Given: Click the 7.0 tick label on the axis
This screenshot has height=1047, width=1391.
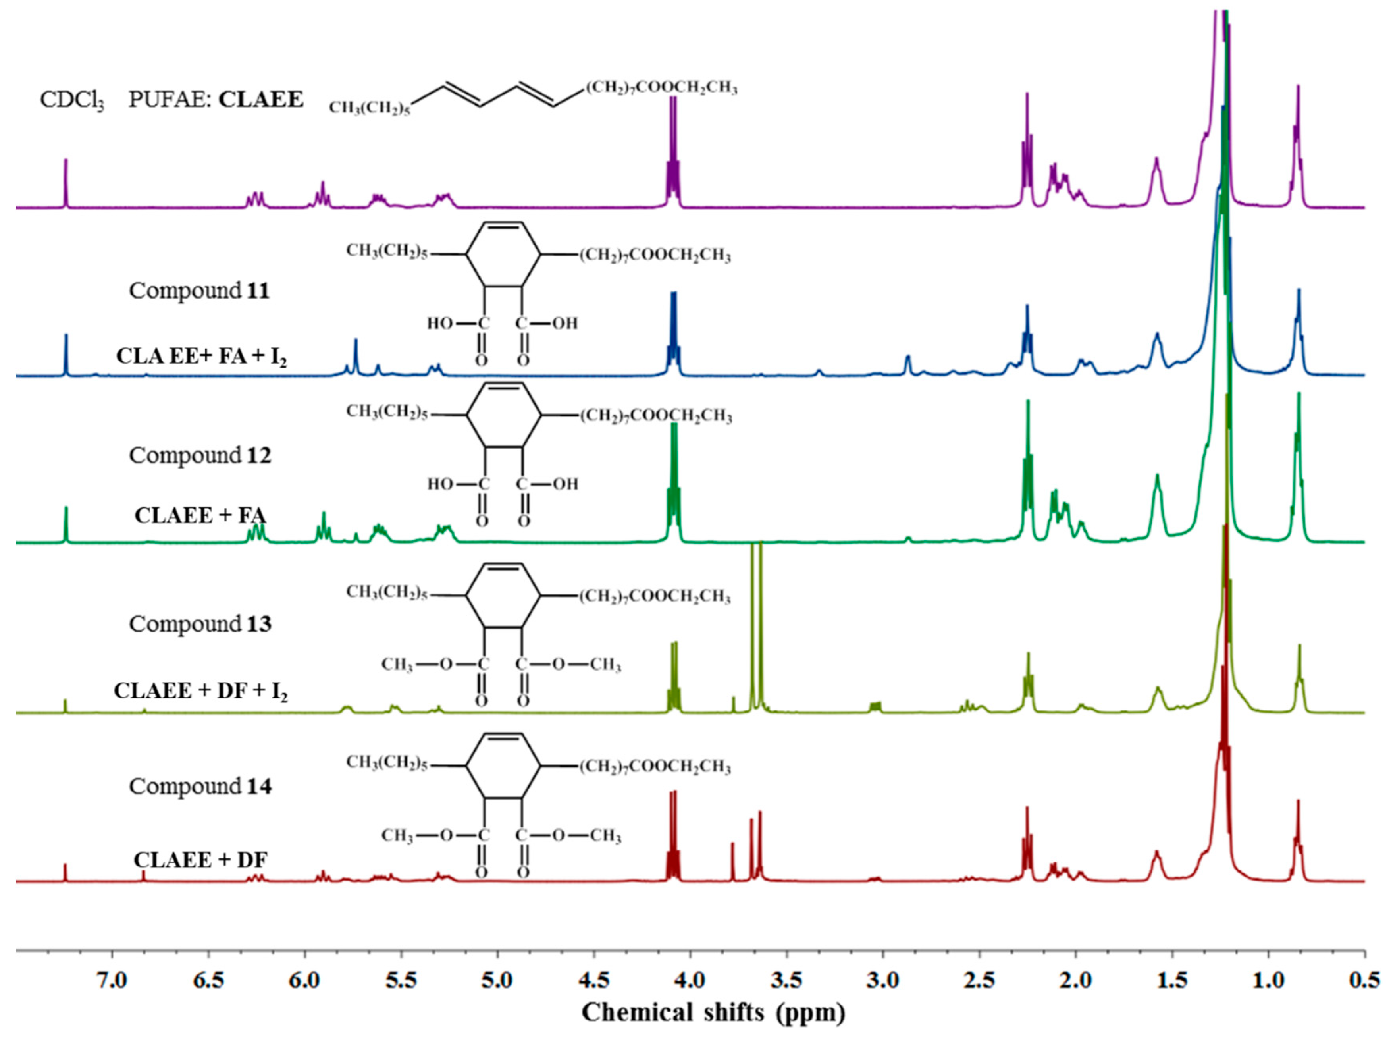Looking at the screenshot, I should click(x=112, y=980).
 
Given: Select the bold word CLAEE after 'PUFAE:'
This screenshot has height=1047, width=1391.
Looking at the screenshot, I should click(x=260, y=99).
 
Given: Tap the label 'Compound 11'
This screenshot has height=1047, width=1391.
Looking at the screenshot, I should click(x=199, y=291).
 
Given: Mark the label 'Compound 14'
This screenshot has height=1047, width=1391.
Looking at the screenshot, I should click(x=200, y=786).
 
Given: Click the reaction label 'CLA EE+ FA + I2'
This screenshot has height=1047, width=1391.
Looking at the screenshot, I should click(x=201, y=357).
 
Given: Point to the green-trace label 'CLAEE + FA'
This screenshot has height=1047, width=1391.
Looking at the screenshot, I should click(x=200, y=516).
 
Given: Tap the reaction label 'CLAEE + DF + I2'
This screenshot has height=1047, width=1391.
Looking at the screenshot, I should click(x=200, y=691).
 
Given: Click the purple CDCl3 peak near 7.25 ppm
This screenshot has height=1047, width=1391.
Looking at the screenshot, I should click(x=66, y=182).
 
